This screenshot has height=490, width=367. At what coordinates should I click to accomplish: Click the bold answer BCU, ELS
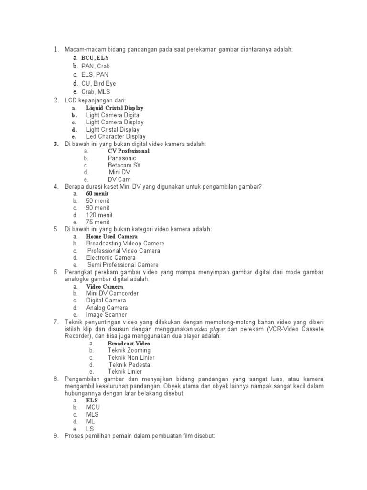pos(95,58)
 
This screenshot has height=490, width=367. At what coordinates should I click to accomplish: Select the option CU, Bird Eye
pos(98,83)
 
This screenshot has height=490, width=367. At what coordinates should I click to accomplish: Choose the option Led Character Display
pos(116,136)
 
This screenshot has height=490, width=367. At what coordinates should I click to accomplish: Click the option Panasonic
pos(122,158)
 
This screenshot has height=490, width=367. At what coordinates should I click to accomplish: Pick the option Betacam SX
pos(124,165)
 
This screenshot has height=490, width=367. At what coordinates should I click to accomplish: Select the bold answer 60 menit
pos(97,194)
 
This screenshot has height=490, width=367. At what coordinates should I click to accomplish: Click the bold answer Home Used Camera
pos(112,237)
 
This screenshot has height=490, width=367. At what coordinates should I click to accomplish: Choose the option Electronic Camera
pos(111,257)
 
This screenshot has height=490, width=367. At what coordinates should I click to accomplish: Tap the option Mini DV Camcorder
pos(113,293)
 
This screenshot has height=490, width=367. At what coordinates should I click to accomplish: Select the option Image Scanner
pos(107,315)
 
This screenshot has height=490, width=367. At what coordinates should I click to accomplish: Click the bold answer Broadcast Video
pos(129,344)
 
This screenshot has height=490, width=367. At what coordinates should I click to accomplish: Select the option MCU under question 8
pos(93,407)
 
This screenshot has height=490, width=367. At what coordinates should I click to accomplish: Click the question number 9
pos(55,436)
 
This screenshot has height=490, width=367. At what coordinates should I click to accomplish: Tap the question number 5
pos(55,229)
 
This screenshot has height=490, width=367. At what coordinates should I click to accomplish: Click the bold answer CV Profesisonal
pos(129,151)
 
